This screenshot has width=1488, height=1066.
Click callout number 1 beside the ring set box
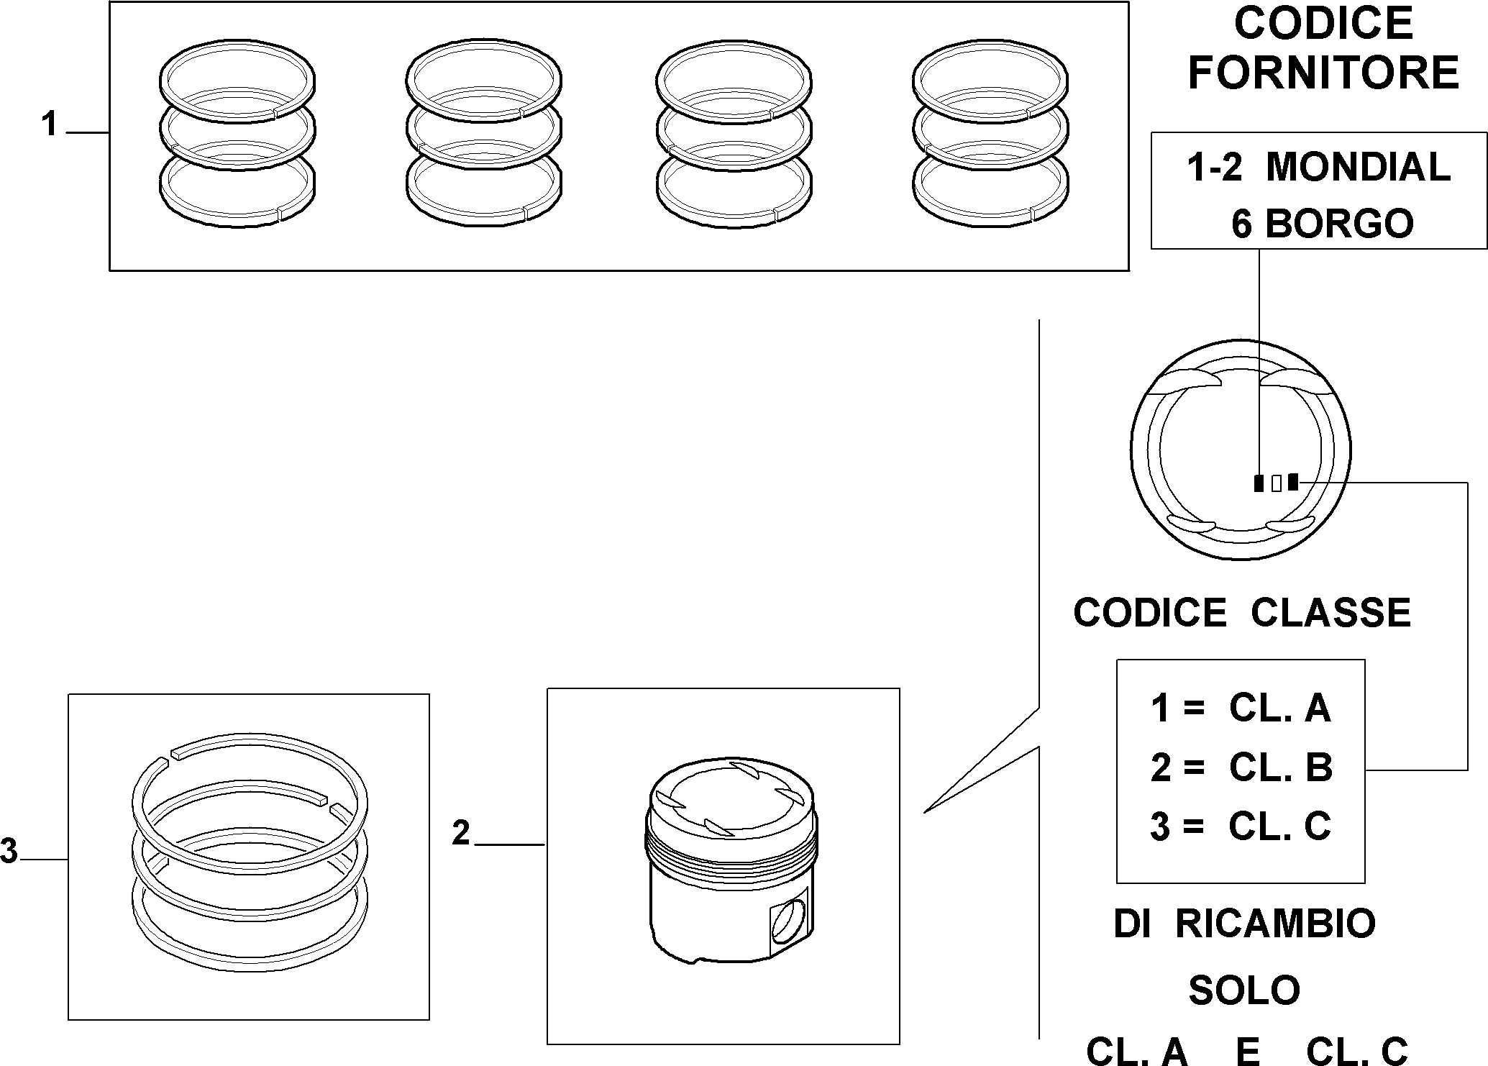[x=49, y=125]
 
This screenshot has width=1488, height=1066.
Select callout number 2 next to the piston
[x=461, y=833]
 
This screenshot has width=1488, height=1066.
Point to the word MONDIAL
[x=1359, y=167]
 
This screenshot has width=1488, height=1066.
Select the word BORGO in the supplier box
[x=1339, y=224]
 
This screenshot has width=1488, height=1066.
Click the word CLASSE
[x=1331, y=613]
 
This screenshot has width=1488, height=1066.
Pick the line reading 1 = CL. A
[x=1241, y=709]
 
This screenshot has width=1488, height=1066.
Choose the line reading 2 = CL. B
[x=1241, y=767]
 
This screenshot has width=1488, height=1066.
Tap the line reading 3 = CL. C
[x=1241, y=826]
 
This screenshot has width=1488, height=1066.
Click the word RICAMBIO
[x=1275, y=924]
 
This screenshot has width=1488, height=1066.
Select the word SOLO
[x=1244, y=990]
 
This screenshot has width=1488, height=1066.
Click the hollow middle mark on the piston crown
[x=1276, y=483]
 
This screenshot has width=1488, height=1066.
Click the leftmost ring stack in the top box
[x=237, y=137]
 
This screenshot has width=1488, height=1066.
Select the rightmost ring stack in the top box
[x=990, y=137]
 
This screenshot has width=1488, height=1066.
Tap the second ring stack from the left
[x=484, y=137]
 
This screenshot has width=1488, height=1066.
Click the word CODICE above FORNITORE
[x=1323, y=23]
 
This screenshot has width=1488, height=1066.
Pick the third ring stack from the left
[x=734, y=137]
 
